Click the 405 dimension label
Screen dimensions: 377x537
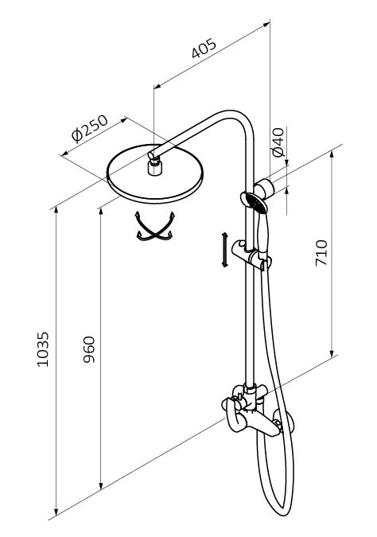pyautogui.click(x=204, y=48)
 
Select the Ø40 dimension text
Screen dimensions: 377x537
pyautogui.click(x=278, y=142)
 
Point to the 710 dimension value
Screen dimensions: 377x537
pyautogui.click(x=321, y=253)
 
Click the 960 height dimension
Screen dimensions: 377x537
pyautogui.click(x=89, y=349)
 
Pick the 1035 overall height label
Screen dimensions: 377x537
pyautogui.click(x=43, y=349)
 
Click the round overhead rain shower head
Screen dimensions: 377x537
pyautogui.click(x=155, y=175)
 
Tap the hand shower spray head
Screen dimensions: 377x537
pyautogui.click(x=255, y=201)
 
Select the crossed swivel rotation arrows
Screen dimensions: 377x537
pyautogui.click(x=155, y=227)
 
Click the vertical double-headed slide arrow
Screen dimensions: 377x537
pyautogui.click(x=224, y=250)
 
